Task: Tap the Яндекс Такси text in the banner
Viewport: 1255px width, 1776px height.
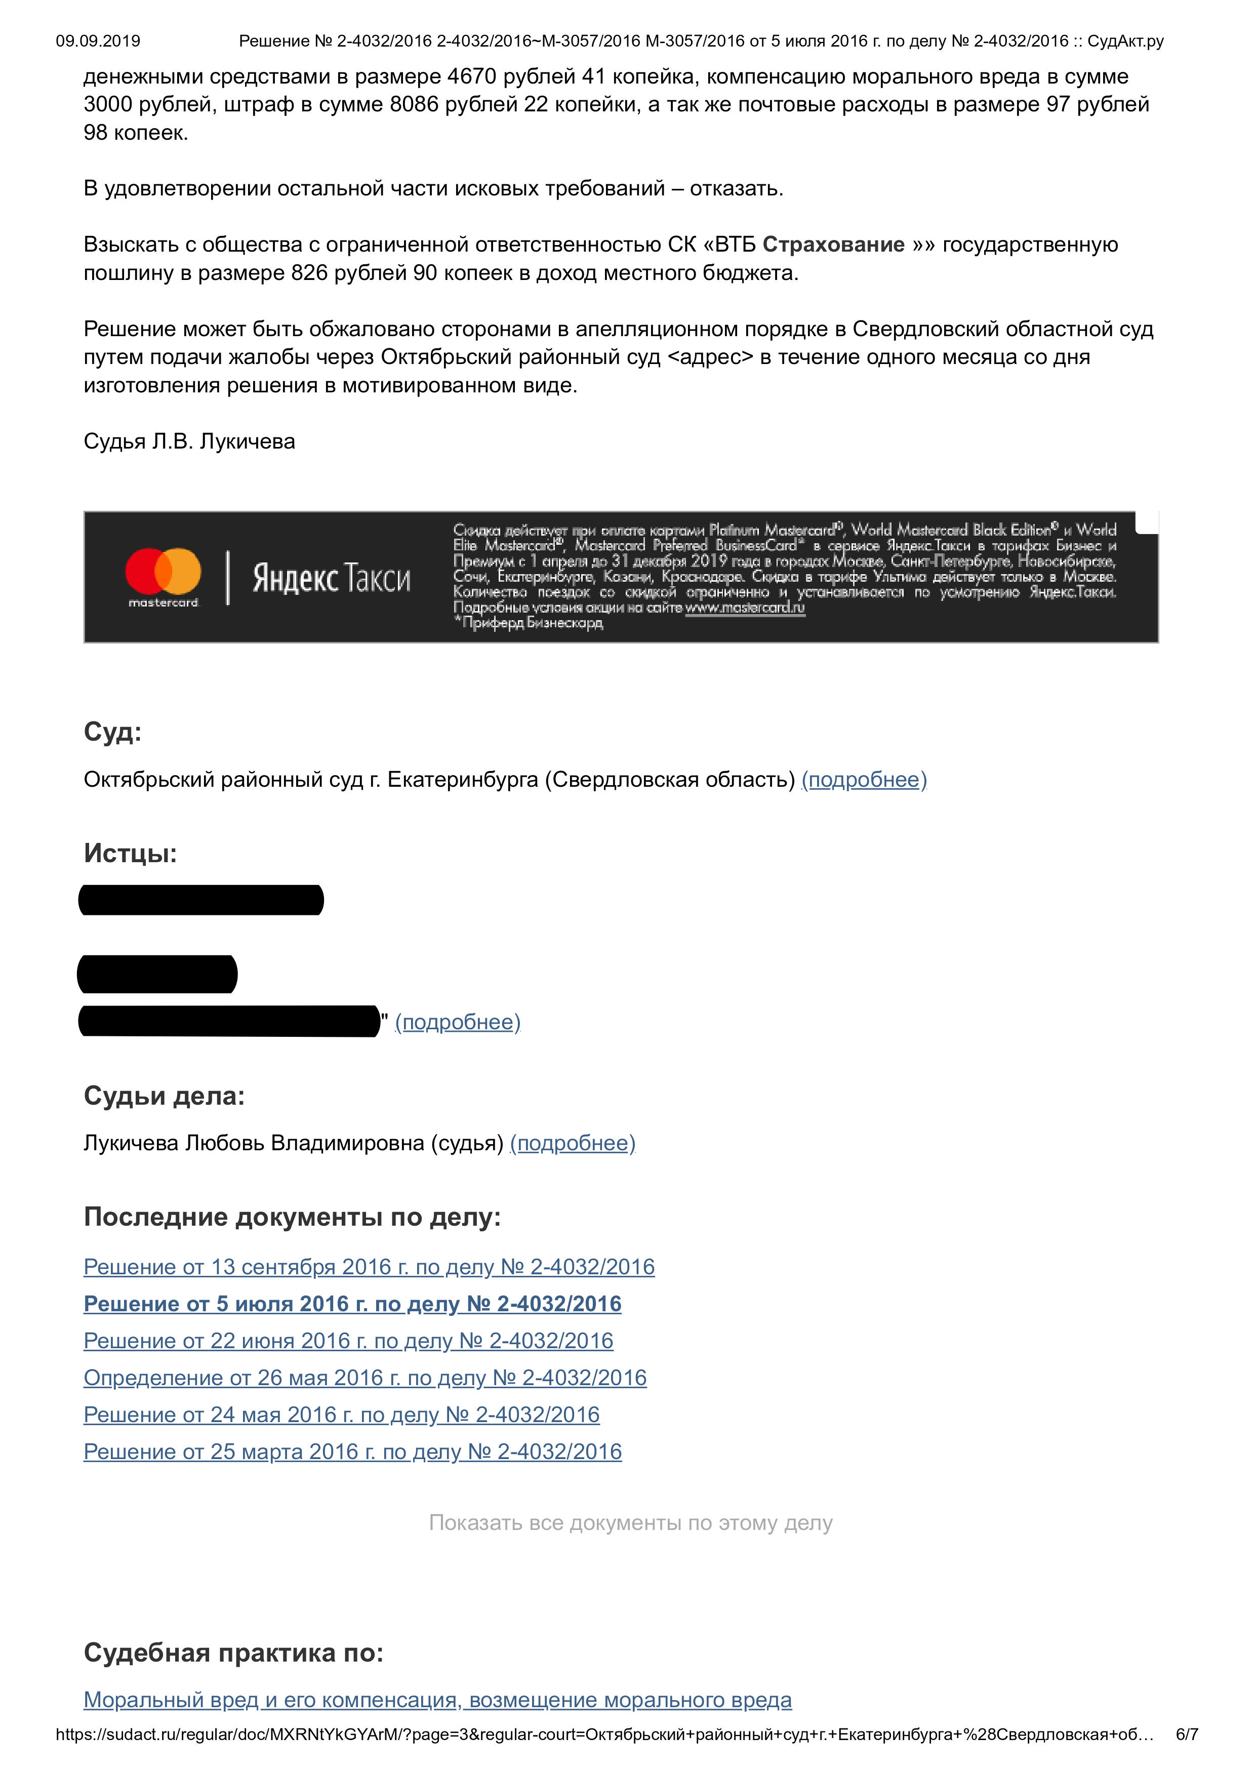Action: click(x=331, y=579)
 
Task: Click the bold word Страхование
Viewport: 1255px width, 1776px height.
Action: click(x=834, y=245)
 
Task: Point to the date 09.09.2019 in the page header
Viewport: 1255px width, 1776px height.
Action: click(x=98, y=41)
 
